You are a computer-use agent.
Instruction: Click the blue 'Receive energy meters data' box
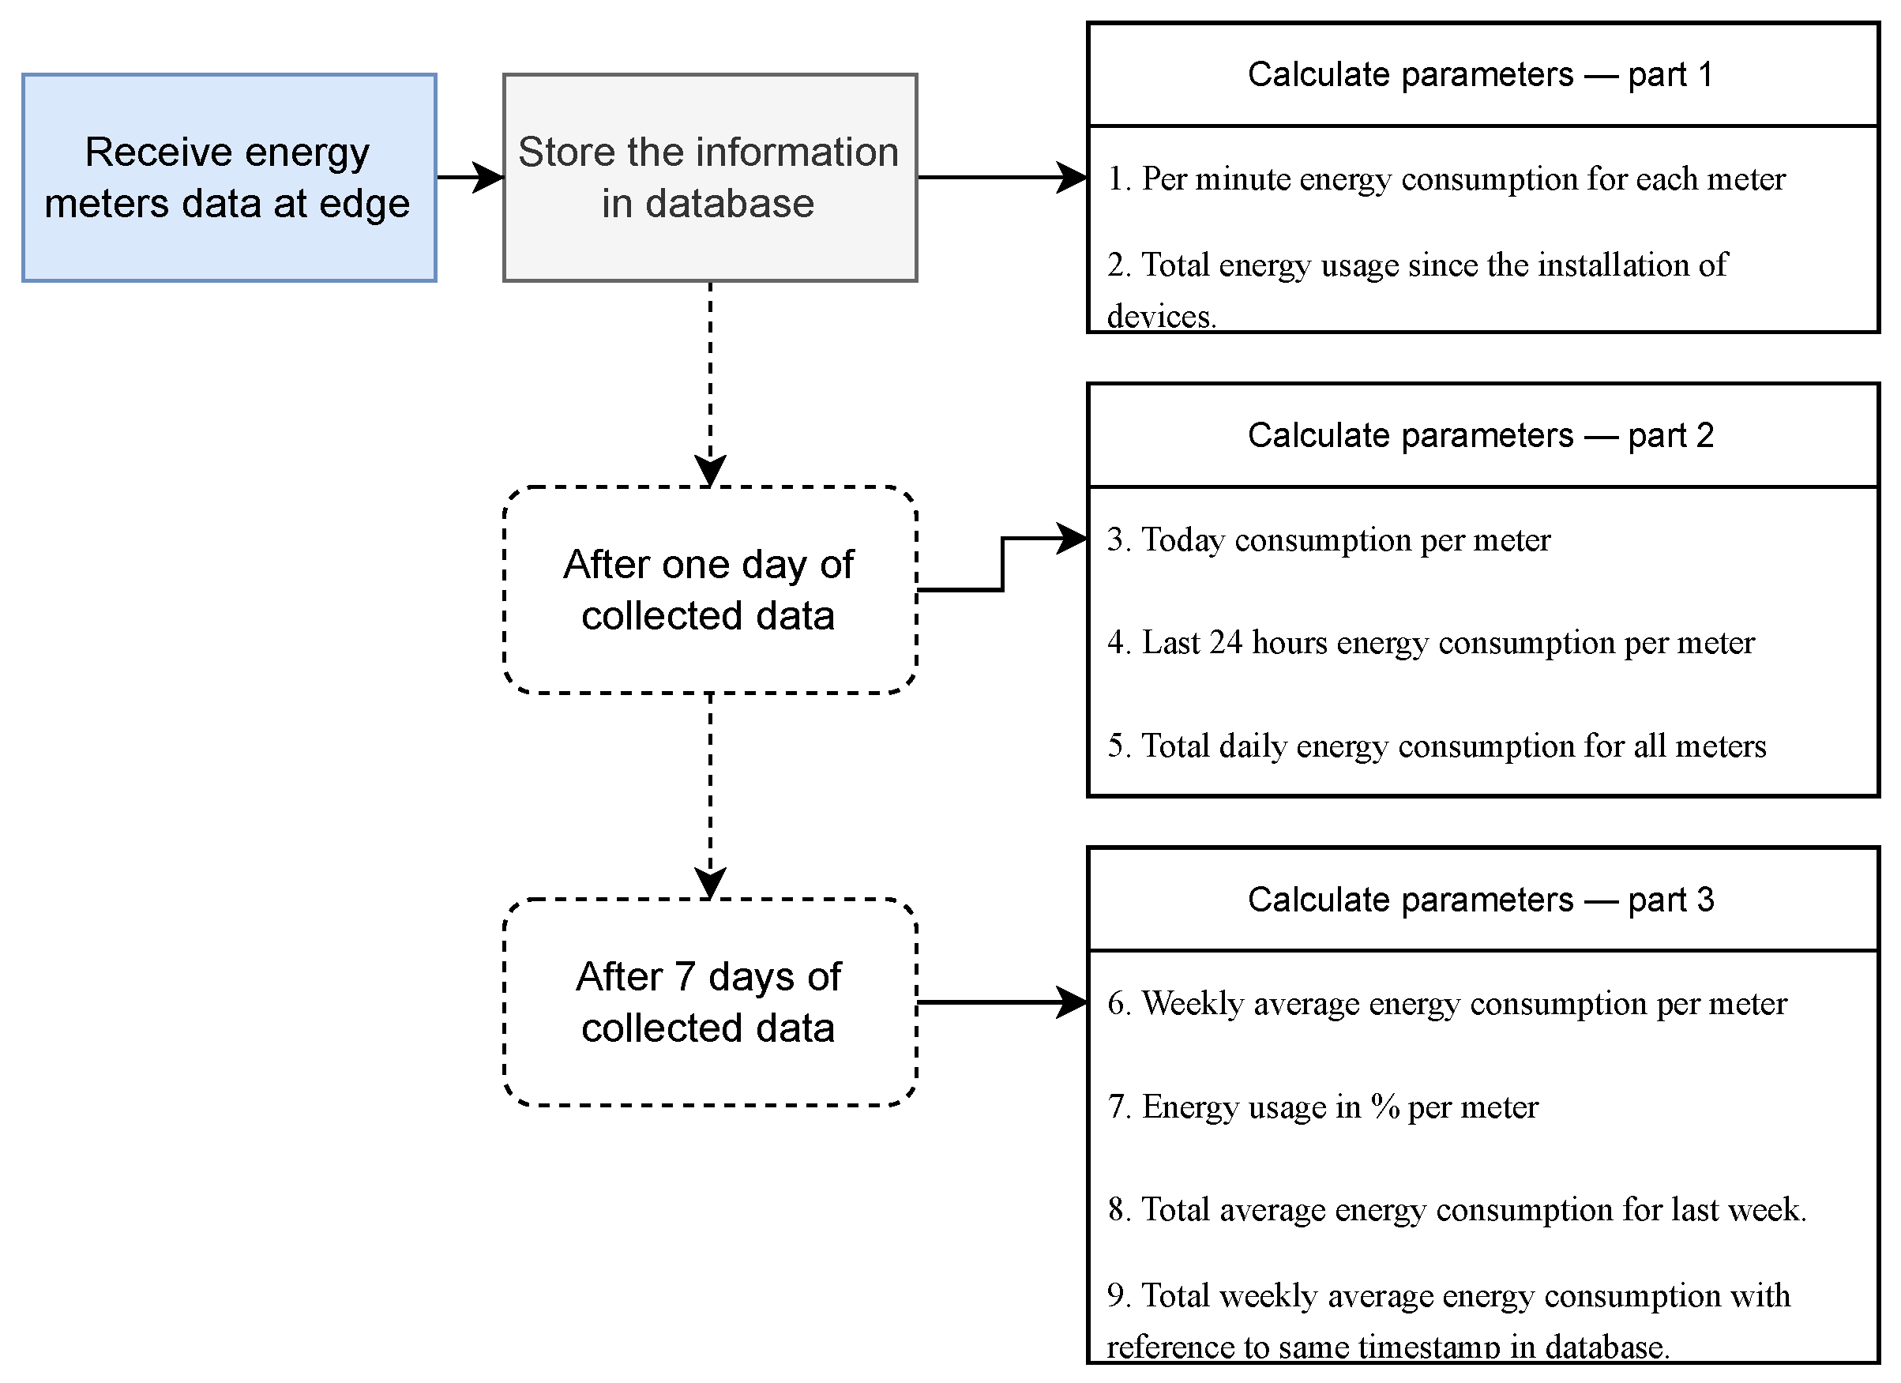click(x=229, y=178)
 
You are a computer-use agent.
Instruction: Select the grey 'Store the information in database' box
click(x=709, y=178)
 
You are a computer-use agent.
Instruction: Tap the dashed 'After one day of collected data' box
click(x=709, y=590)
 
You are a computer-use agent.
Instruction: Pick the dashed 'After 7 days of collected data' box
click(x=709, y=1002)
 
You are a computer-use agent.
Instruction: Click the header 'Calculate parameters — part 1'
click(x=1481, y=74)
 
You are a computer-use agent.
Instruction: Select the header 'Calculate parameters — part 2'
click(x=1481, y=436)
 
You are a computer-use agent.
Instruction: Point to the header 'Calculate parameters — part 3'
click(x=1481, y=900)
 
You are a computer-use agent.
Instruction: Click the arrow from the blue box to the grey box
click(x=469, y=178)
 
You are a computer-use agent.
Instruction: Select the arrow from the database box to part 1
click(x=1001, y=178)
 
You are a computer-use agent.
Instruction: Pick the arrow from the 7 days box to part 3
click(x=1001, y=1002)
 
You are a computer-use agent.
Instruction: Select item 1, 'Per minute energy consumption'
click(x=1446, y=179)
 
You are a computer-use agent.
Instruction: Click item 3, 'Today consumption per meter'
click(x=1328, y=540)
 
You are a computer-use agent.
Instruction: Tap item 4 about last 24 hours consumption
click(x=1430, y=644)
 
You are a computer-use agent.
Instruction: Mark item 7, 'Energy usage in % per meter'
click(x=1323, y=1107)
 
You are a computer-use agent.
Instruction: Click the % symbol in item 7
click(x=1385, y=1107)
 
